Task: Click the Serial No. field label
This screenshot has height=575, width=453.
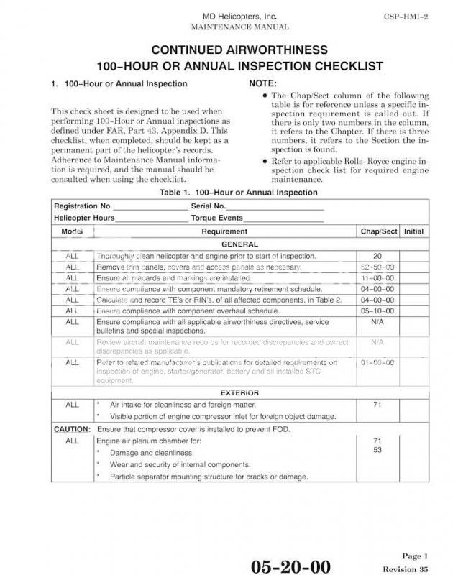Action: tap(209, 206)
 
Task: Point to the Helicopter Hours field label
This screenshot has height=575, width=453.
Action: tap(84, 218)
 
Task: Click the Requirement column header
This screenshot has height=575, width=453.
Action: tap(224, 231)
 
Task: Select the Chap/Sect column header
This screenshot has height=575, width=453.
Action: tap(377, 231)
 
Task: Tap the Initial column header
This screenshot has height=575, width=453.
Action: tap(413, 231)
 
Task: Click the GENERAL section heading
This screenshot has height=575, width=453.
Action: tap(239, 244)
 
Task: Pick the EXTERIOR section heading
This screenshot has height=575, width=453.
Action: tap(239, 393)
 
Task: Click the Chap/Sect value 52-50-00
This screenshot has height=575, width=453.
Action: tap(377, 267)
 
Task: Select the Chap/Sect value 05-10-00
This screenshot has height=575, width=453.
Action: tap(377, 310)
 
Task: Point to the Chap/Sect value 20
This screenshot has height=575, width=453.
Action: tap(377, 256)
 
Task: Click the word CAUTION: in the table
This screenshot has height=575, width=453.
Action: tap(72, 429)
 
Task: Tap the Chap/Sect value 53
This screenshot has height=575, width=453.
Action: tap(377, 451)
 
